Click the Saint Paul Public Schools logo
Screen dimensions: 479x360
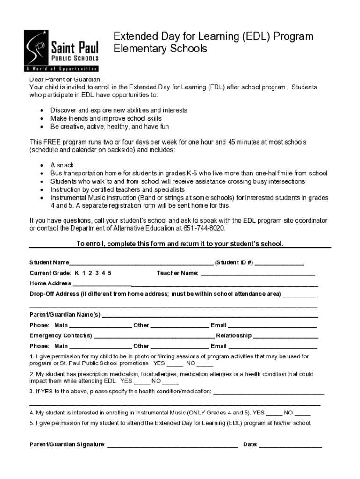click(x=62, y=51)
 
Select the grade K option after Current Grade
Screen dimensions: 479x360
click(x=76, y=273)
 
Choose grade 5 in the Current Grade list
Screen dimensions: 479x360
click(x=110, y=273)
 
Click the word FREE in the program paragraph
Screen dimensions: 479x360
click(x=52, y=142)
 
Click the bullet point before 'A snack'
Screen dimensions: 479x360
click(x=42, y=166)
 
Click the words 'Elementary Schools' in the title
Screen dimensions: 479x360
click(x=160, y=49)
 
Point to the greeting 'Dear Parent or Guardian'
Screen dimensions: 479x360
click(x=65, y=79)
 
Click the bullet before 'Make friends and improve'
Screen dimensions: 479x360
click(x=42, y=119)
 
